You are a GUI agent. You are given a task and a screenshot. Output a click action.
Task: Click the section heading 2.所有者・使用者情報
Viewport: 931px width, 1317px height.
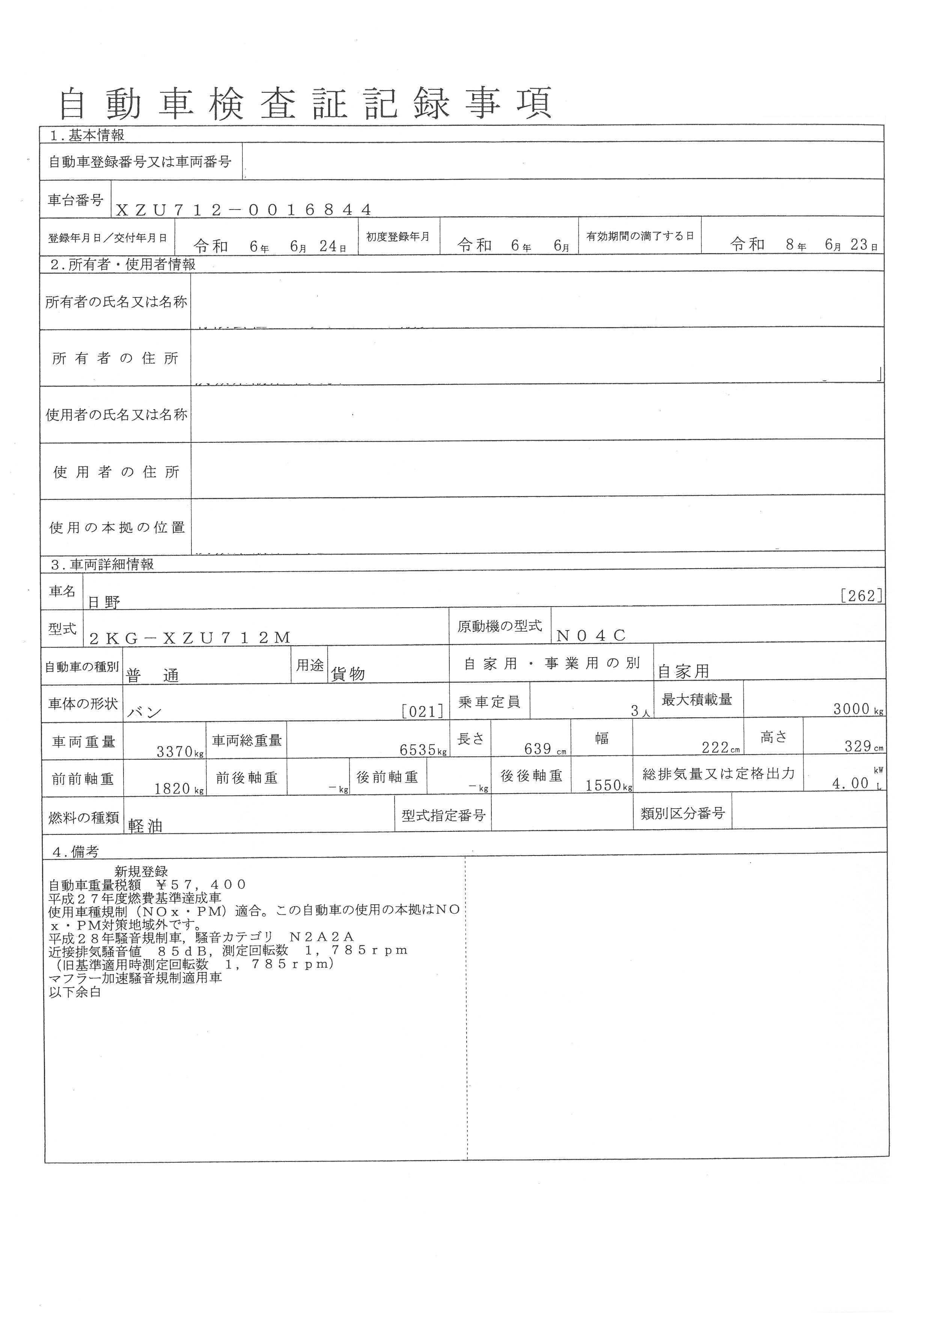point(123,264)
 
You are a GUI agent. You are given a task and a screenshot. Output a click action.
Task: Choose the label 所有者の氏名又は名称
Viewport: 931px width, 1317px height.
point(116,302)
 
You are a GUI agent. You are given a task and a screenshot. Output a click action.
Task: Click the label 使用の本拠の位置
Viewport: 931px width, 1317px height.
point(117,528)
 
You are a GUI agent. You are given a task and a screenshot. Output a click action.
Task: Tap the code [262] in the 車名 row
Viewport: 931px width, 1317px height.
point(861,596)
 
